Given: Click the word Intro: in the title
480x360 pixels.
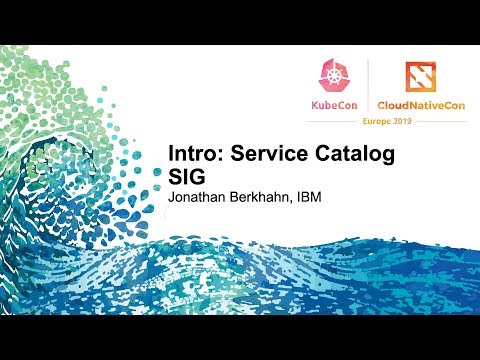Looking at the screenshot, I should pos(194,156).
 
